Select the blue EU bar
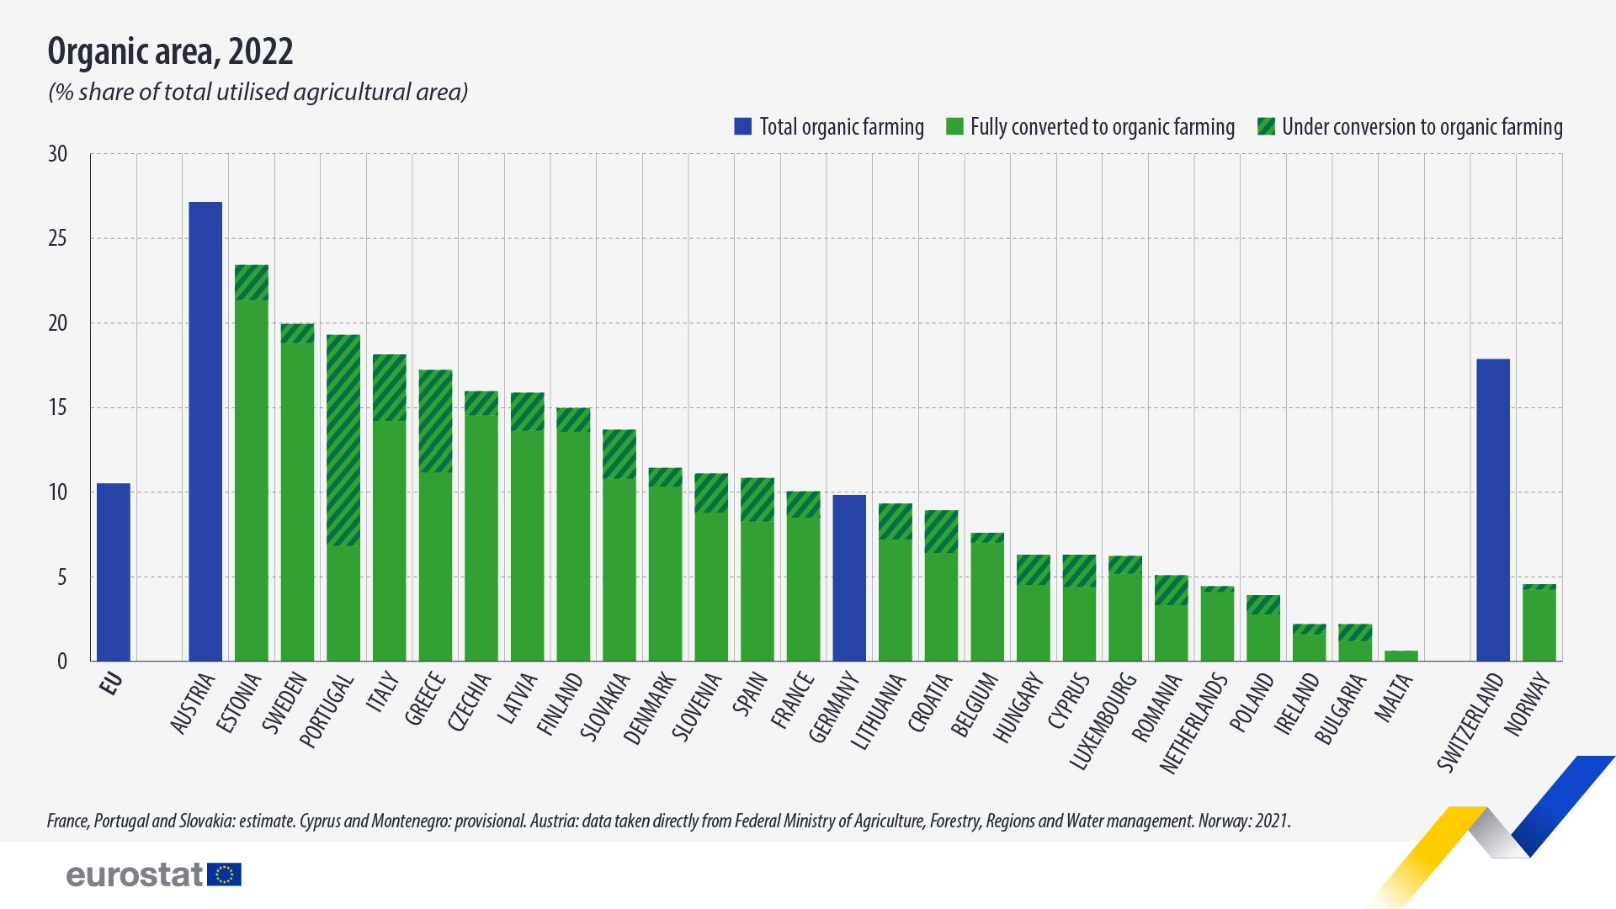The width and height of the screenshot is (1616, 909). pyautogui.click(x=114, y=572)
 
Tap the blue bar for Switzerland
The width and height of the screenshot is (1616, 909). pyautogui.click(x=1493, y=510)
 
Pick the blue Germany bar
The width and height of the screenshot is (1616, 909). pyautogui.click(x=849, y=578)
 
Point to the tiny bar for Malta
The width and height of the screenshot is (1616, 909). pyautogui.click(x=1401, y=656)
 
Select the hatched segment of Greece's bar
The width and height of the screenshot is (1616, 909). pyautogui.click(x=435, y=421)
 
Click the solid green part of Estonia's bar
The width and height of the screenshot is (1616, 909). pyautogui.click(x=252, y=480)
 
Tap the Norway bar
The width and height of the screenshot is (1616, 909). pyautogui.click(x=1539, y=624)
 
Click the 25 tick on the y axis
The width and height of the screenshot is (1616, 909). pyautogui.click(x=57, y=239)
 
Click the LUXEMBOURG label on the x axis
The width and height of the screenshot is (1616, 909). pyautogui.click(x=1103, y=720)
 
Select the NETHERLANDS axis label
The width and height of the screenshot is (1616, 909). pyautogui.click(x=1193, y=724)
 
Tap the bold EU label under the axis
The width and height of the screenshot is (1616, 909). pyautogui.click(x=111, y=683)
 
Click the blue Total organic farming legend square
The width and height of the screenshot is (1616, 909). pyautogui.click(x=742, y=127)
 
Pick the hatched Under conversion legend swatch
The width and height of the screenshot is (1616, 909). pyautogui.click(x=1266, y=127)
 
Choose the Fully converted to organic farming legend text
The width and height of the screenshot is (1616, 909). pyautogui.click(x=1102, y=127)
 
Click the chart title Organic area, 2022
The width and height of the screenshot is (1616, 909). pyautogui.click(x=171, y=52)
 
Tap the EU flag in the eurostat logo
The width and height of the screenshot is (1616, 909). pyautogui.click(x=224, y=874)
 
